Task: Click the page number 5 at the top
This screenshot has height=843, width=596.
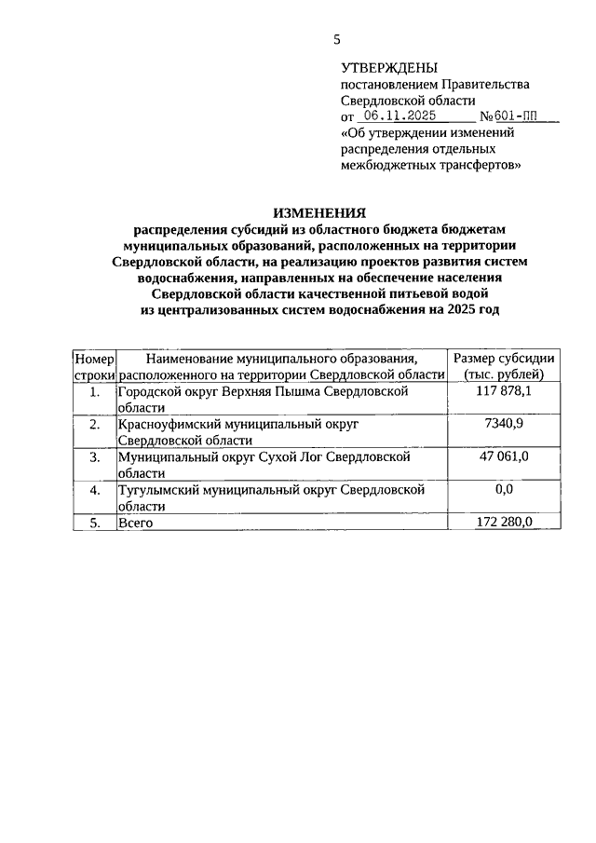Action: (x=337, y=39)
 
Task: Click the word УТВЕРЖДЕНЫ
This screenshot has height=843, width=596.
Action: (x=388, y=68)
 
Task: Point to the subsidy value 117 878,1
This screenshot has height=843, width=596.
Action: (x=504, y=391)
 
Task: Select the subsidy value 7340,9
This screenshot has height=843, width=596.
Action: (x=504, y=424)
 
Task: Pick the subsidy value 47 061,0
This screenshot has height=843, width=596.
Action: (x=504, y=456)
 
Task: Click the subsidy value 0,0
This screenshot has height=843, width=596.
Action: (x=504, y=489)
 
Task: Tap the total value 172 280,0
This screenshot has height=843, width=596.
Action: (x=504, y=523)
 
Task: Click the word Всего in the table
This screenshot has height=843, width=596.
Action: (x=135, y=523)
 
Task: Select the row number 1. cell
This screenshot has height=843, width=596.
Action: (x=94, y=391)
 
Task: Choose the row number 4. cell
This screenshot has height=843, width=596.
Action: (x=94, y=489)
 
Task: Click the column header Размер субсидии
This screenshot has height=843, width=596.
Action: (x=504, y=359)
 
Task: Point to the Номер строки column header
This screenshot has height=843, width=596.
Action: (x=93, y=366)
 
